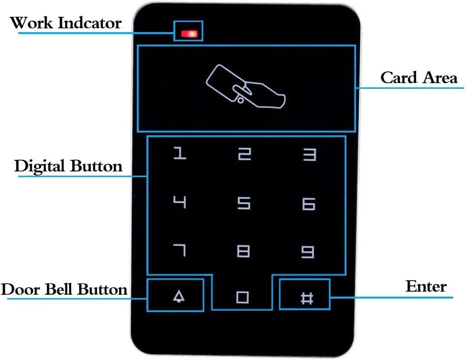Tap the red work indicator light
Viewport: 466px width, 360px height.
[189, 34]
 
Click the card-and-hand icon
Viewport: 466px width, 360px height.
[245, 86]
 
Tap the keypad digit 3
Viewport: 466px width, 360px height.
[309, 155]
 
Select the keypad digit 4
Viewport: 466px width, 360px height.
[180, 202]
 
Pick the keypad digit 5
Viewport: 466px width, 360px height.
[244, 203]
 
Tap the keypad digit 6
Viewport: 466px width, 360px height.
[308, 204]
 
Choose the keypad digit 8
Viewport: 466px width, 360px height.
[244, 252]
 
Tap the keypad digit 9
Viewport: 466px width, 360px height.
[307, 252]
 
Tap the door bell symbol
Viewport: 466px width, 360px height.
[179, 297]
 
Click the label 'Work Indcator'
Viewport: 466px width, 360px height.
[66, 23]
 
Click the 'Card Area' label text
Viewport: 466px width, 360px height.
[419, 78]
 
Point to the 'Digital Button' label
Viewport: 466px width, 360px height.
[68, 166]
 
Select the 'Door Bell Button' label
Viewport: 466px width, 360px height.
[64, 289]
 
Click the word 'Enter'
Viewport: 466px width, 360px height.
[426, 287]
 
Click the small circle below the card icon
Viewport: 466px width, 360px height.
[241, 100]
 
